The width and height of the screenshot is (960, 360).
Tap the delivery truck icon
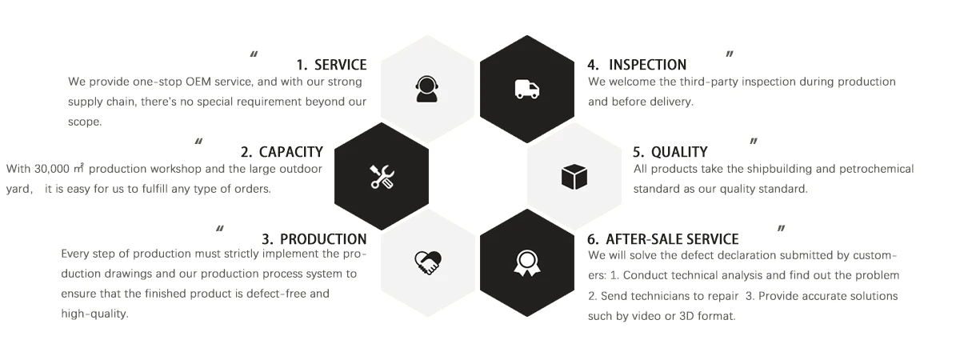(x=526, y=89)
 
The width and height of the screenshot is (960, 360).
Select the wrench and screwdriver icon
(x=382, y=176)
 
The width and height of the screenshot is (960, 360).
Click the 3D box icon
(x=574, y=176)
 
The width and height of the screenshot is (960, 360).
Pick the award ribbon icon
(x=526, y=262)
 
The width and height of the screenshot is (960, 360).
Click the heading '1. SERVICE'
(x=331, y=65)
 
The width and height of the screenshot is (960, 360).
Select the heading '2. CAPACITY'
(x=282, y=152)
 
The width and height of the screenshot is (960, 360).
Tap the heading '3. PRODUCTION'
(x=314, y=239)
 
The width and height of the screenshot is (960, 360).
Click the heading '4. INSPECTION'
(x=637, y=65)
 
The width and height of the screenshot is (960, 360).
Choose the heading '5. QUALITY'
(x=670, y=152)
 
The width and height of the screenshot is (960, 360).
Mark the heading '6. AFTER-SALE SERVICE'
(x=662, y=239)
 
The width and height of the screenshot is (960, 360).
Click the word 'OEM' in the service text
(x=198, y=82)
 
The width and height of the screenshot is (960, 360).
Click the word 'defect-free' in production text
(x=295, y=294)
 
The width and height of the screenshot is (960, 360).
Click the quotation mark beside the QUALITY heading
(x=753, y=142)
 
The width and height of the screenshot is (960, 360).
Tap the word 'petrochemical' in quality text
(x=877, y=169)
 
